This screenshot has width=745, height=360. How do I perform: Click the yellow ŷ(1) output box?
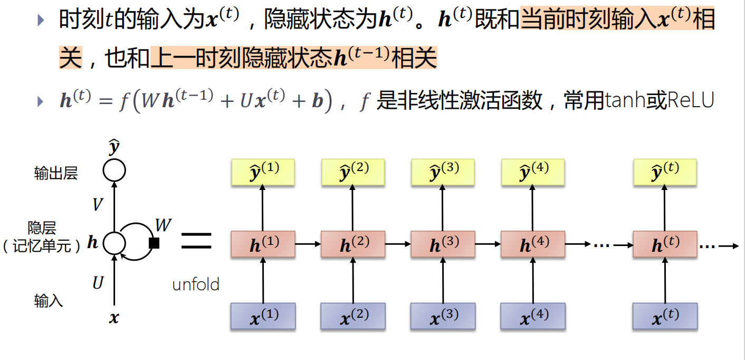(263, 172)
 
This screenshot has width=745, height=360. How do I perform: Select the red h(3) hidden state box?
(443, 244)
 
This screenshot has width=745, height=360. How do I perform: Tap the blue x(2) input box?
(352, 317)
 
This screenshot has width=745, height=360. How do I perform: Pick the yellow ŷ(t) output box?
(665, 172)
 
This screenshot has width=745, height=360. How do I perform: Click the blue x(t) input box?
(665, 317)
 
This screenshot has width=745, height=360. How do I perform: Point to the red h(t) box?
(665, 244)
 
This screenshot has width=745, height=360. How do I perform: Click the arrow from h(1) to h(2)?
(308, 244)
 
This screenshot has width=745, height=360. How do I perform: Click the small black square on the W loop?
(154, 243)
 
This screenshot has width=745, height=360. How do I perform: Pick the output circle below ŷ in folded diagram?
(114, 170)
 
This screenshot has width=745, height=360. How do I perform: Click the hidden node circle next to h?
(114, 243)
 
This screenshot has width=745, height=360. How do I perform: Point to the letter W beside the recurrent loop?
(163, 225)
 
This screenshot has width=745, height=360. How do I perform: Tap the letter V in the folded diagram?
(97, 205)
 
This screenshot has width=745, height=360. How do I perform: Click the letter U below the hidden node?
(98, 283)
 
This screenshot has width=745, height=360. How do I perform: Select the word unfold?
(196, 285)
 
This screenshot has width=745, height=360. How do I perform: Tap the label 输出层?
(56, 174)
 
